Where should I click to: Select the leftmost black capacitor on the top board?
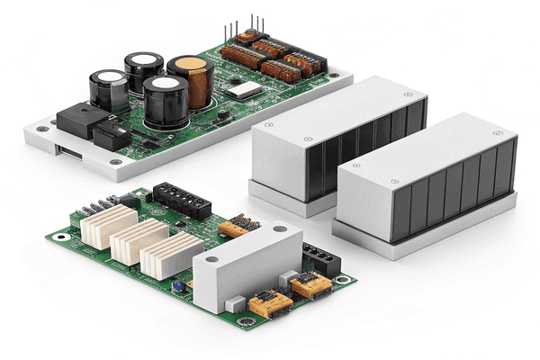tap(107, 90)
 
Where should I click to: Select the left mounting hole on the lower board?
tap(60, 237)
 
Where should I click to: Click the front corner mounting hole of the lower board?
tap(240, 319)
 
